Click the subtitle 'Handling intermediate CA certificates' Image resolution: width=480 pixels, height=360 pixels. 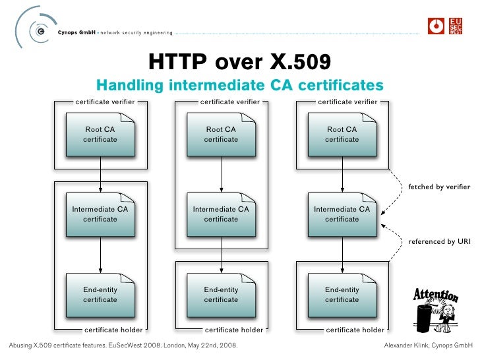(x=239, y=86)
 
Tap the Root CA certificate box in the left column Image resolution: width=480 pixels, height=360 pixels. (x=100, y=135)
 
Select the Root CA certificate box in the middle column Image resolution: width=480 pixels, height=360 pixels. (x=221, y=135)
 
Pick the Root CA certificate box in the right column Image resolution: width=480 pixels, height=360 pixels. (x=342, y=135)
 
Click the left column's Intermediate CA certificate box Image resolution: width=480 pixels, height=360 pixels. (x=100, y=214)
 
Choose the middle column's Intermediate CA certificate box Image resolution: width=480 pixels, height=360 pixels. (x=221, y=214)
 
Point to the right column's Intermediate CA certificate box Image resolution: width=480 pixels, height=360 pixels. (x=342, y=214)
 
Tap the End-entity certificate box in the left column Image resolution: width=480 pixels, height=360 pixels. (x=100, y=294)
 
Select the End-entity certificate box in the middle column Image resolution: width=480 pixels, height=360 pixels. (x=221, y=294)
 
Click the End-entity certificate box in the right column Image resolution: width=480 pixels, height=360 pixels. (x=342, y=294)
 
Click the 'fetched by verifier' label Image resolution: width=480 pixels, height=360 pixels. (x=438, y=187)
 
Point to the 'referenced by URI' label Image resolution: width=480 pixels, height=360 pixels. (x=439, y=242)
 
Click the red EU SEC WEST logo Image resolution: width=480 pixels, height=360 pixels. (x=456, y=26)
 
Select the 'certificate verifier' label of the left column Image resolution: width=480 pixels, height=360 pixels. (x=105, y=102)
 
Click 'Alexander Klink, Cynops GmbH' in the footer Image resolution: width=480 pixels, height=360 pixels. (x=428, y=345)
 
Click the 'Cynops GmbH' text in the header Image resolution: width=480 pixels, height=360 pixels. (x=76, y=32)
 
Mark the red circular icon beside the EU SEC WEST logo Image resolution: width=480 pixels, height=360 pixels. (x=436, y=26)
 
